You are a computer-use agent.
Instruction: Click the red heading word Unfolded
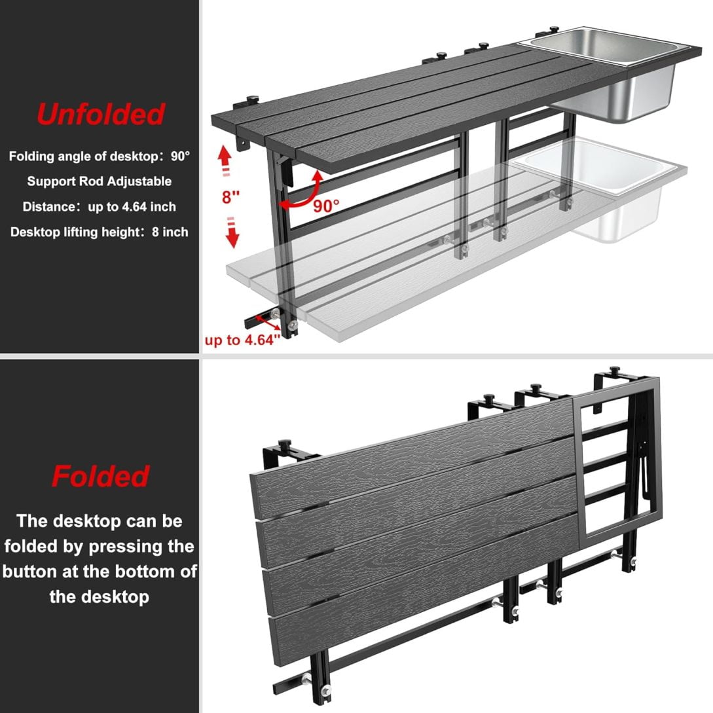[100, 114]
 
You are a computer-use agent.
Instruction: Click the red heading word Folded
[100, 476]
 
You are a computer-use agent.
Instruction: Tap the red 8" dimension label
[230, 197]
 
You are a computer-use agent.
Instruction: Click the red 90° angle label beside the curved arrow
[326, 206]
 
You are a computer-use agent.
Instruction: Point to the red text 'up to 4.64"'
[242, 340]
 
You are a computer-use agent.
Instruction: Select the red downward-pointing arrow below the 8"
[232, 233]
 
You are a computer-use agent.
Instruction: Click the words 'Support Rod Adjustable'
[99, 181]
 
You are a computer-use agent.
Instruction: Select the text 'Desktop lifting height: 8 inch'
[99, 232]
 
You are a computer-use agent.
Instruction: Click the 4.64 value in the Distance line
[132, 206]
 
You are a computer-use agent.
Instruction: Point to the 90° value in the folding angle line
[181, 156]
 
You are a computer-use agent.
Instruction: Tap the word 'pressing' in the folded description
[126, 547]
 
